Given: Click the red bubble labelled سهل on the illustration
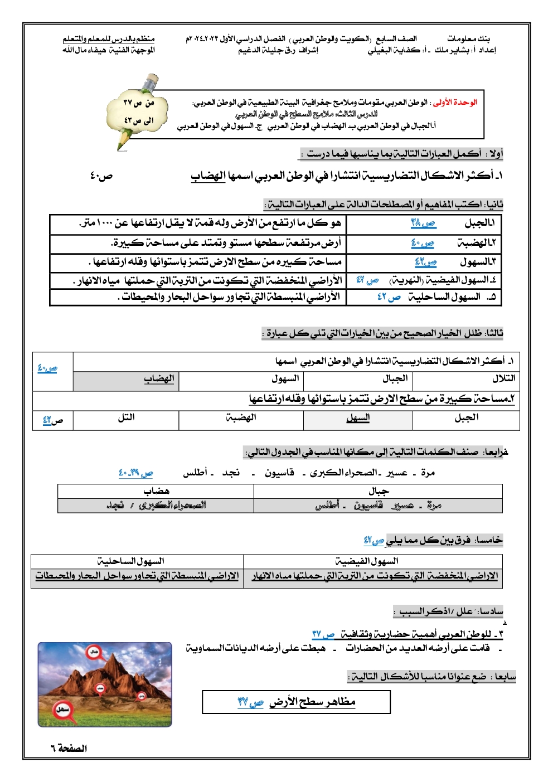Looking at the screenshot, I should (x=62, y=710).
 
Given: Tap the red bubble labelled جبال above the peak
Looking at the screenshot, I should (x=94, y=651).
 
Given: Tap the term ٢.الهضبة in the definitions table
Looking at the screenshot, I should (x=477, y=242).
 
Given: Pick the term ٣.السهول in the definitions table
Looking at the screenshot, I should (x=478, y=261).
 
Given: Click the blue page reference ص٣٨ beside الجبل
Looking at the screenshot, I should (x=423, y=223).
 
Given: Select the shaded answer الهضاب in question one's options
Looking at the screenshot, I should (x=159, y=379).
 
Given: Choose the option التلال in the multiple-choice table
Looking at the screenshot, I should (x=503, y=379).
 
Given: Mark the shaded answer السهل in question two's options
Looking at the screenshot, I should (x=358, y=417).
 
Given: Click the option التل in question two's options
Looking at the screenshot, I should (x=126, y=417).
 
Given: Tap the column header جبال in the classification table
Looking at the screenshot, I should (x=379, y=491).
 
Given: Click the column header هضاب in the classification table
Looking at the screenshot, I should (x=156, y=491).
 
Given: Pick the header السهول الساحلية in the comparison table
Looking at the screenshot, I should (x=130, y=561).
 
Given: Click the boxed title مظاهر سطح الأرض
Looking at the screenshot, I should (x=312, y=702).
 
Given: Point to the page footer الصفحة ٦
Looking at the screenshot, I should (x=69, y=748).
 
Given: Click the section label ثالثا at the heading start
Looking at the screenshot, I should (x=494, y=333).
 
